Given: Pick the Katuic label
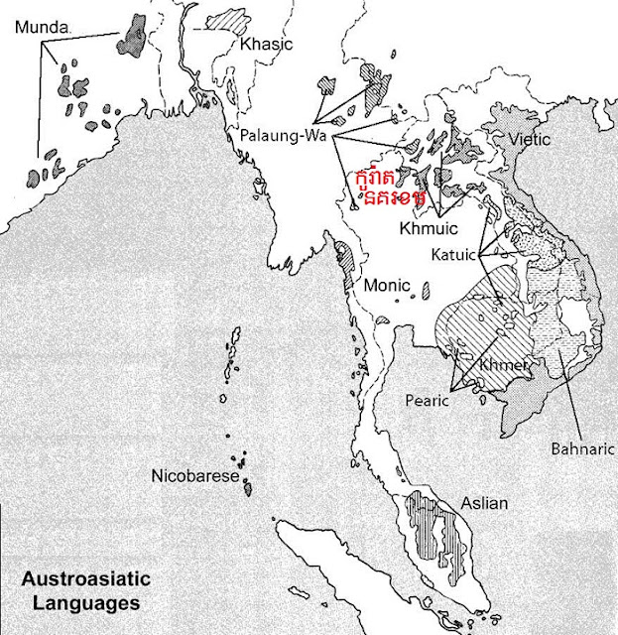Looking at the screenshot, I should pos(453,255).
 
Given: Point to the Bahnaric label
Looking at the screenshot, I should pos(578,448).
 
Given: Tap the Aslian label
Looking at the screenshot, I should pos(482,503).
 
